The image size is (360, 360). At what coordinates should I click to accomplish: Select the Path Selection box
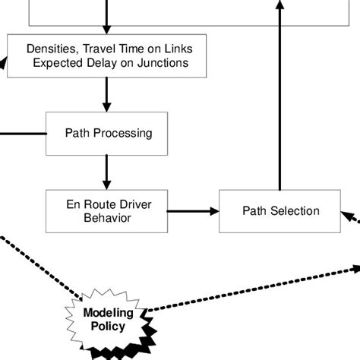280,211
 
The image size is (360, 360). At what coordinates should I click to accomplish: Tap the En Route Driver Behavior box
106,211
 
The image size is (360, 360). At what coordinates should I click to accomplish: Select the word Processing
124,134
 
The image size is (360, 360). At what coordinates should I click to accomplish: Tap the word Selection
295,211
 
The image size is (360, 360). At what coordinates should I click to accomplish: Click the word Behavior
106,218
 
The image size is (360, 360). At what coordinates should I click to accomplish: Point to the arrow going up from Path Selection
279,99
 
